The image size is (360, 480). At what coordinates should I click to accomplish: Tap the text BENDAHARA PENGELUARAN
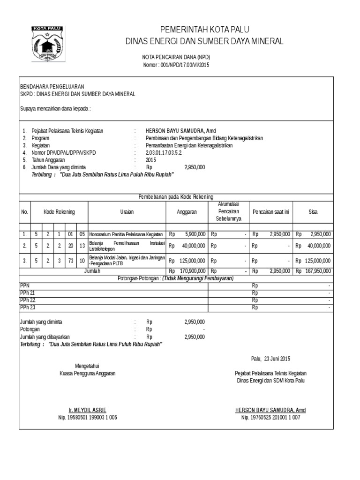pyautogui.click(x=52, y=87)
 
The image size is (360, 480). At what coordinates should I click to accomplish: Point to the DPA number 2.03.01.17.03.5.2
pyautogui.click(x=164, y=152)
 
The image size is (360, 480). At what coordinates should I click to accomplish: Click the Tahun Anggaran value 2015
pyautogui.click(x=150, y=159)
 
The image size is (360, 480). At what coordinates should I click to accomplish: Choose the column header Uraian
pyautogui.click(x=127, y=212)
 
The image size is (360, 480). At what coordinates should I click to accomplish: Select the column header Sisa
pyautogui.click(x=313, y=212)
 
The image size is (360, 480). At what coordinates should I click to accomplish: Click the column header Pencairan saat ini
pyautogui.click(x=271, y=212)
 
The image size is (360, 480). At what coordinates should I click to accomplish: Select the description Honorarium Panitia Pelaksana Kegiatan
pyautogui.click(x=126, y=234)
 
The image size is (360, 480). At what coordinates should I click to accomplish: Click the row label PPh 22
pyautogui.click(x=27, y=300)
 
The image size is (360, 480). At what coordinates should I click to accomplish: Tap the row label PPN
pyautogui.click(x=25, y=285)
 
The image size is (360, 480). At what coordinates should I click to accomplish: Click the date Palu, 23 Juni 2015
pyautogui.click(x=271, y=359)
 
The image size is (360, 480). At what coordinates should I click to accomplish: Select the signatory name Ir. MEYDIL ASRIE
pyautogui.click(x=88, y=410)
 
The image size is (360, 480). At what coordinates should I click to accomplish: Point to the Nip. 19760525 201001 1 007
pyautogui.click(x=270, y=417)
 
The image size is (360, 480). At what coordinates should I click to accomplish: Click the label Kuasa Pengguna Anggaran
pyautogui.click(x=88, y=373)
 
